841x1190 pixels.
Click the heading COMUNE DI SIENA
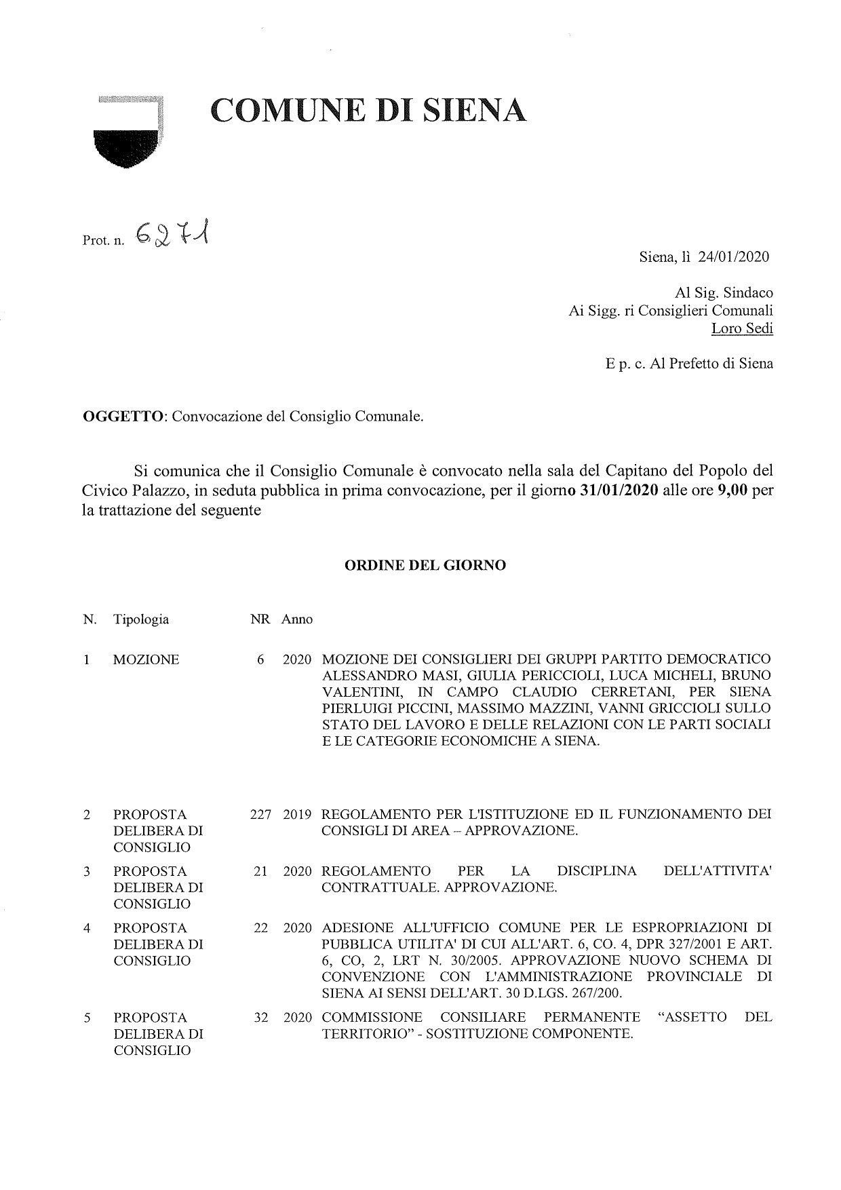(368, 111)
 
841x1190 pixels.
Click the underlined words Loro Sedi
(741, 328)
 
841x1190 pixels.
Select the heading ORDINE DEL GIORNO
(426, 564)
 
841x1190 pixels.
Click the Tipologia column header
(141, 619)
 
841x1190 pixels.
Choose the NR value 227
(260, 814)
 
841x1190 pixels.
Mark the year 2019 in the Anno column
(297, 814)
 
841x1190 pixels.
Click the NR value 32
(260, 1017)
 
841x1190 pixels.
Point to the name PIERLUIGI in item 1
(355, 708)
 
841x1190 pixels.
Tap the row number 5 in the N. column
(87, 1017)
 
